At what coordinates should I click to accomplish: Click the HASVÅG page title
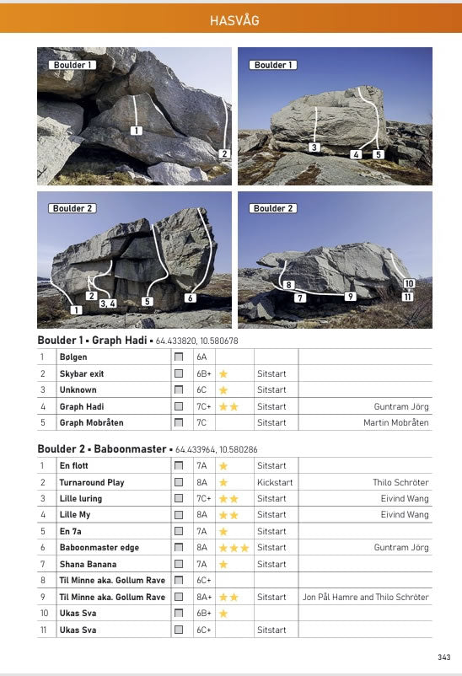(230, 19)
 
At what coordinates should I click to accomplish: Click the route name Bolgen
(73, 357)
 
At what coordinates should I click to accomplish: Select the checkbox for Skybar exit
(178, 373)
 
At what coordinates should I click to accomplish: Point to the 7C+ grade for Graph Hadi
(204, 406)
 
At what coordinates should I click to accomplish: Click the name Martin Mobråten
(395, 422)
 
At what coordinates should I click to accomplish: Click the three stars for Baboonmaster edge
(234, 548)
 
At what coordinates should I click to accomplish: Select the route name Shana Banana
(88, 564)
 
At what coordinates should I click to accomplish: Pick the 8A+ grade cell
(204, 597)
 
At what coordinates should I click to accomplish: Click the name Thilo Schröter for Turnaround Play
(400, 482)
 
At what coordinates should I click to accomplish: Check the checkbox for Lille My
(178, 515)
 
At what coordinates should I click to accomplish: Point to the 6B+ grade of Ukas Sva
(204, 614)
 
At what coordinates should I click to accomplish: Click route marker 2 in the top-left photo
(223, 153)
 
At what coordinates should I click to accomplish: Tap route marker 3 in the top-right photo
(314, 148)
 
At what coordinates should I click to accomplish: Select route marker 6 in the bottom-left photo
(191, 298)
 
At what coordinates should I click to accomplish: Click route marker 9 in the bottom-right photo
(350, 296)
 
